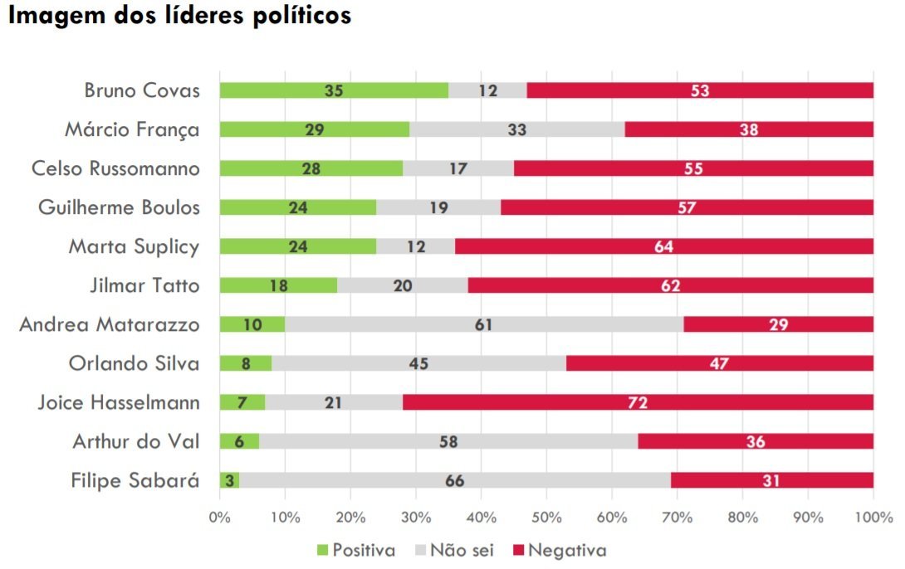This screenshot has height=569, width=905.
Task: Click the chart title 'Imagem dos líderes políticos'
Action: [x=179, y=16]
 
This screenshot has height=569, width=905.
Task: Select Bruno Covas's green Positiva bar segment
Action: [x=333, y=90]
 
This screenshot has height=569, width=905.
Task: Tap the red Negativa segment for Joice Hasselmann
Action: [x=638, y=402]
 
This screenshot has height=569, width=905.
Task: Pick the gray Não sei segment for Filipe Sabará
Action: [x=454, y=480]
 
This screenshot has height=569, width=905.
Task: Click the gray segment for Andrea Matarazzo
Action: [x=484, y=324]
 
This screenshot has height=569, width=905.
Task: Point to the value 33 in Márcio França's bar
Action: [x=516, y=129]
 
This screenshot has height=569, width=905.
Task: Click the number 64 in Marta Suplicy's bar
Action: [x=663, y=246]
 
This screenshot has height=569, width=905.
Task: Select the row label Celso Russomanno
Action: [x=115, y=168]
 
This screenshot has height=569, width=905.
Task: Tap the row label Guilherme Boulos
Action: [x=119, y=207]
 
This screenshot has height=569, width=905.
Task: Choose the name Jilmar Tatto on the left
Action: [x=144, y=285]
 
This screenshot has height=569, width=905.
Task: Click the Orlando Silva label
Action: [x=134, y=363]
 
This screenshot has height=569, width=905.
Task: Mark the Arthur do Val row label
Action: [x=136, y=441]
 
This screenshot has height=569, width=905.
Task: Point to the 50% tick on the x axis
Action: [x=546, y=518]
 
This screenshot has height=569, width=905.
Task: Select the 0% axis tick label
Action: [x=219, y=518]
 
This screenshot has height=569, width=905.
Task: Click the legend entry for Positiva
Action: [x=355, y=550]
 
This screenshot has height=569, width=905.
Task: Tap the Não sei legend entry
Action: [x=454, y=550]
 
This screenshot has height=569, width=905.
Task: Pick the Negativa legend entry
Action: [x=558, y=550]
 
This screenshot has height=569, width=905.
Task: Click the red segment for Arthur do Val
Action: [x=755, y=441]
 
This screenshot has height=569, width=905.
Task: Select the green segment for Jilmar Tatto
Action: [x=278, y=285]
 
